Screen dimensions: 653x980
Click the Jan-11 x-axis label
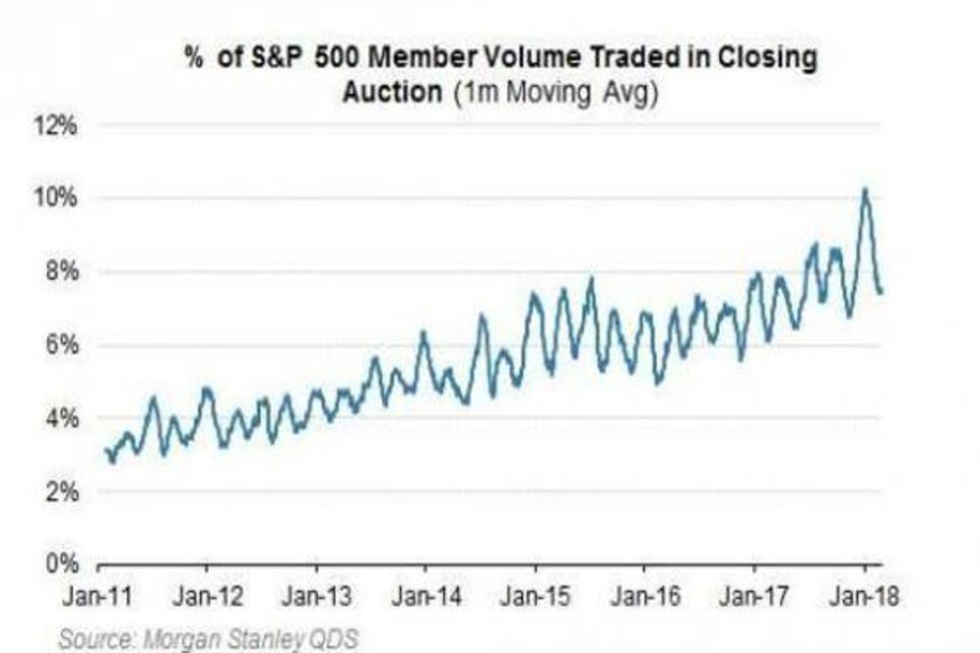96,597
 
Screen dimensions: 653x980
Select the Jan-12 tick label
207,597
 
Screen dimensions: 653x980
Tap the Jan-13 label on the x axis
316,597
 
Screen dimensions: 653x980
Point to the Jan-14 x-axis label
426,597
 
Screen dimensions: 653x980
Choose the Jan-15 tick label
536,597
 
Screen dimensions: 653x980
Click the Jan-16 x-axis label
645,597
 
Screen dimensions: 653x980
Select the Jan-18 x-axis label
864,597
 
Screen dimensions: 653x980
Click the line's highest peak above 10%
865,189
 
